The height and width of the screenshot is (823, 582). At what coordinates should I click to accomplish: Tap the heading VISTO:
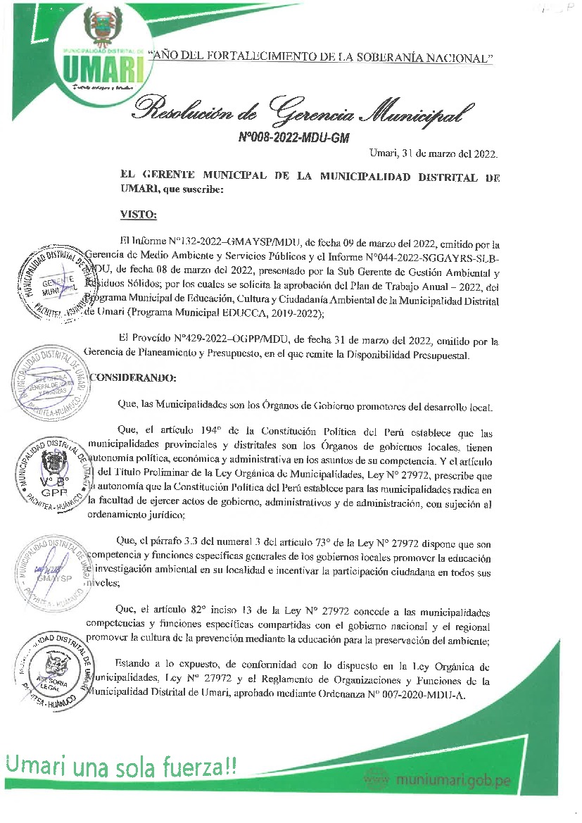[x=138, y=214]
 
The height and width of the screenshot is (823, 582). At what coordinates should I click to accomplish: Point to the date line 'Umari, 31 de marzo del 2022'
[x=434, y=153]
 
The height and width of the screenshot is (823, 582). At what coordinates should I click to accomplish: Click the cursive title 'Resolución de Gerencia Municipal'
[x=303, y=109]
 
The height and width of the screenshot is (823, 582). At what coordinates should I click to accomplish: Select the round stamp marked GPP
[x=54, y=467]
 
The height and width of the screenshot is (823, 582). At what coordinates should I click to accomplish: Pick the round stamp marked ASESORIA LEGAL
[x=54, y=666]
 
